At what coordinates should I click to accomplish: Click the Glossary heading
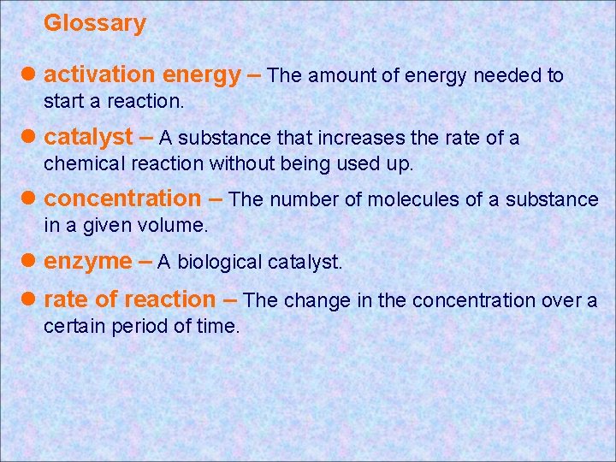95,23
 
